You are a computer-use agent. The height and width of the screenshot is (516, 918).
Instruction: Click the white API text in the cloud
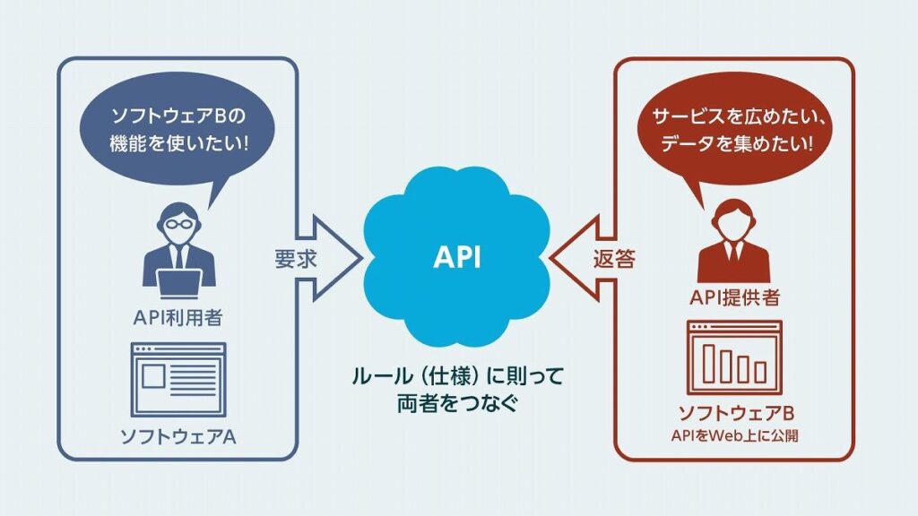[x=457, y=258]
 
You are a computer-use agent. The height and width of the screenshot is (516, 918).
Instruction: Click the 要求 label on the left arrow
[x=292, y=259]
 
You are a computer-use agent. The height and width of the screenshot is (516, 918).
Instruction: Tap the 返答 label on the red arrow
[x=614, y=259]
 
